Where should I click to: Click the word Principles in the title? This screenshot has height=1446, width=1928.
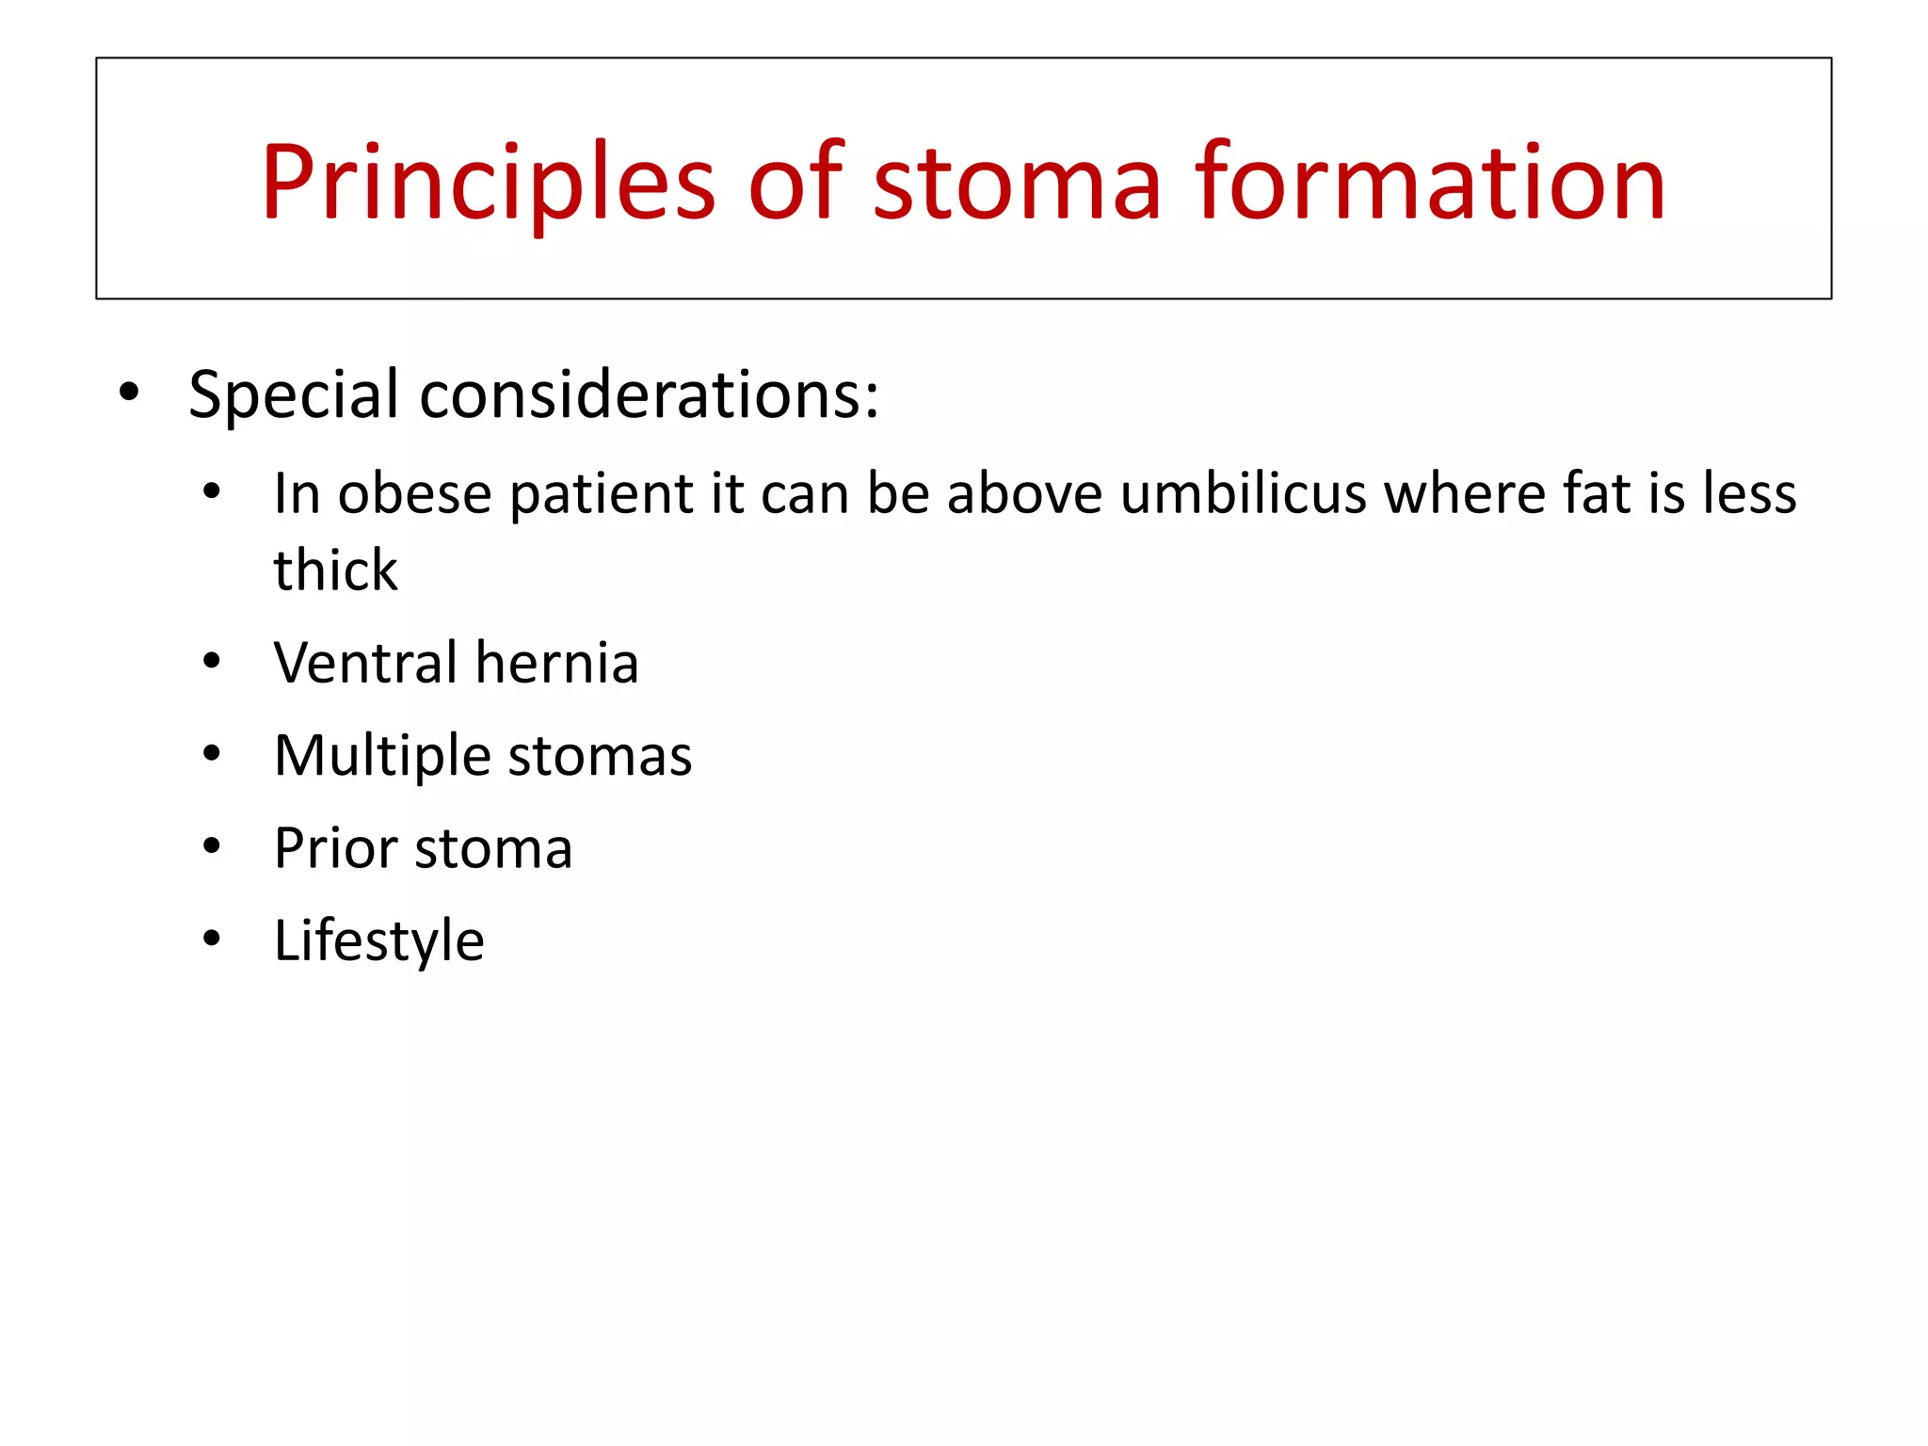click(x=488, y=184)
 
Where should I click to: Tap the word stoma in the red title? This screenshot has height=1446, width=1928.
click(x=1016, y=184)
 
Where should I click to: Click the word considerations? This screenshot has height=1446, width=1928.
click(x=650, y=394)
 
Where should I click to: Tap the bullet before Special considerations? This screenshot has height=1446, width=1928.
click(x=129, y=392)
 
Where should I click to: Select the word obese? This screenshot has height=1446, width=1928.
click(x=414, y=493)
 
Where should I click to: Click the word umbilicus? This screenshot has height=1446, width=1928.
click(x=1243, y=493)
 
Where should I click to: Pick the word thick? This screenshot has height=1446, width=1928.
click(x=335, y=570)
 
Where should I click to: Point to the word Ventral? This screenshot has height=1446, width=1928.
click(x=364, y=663)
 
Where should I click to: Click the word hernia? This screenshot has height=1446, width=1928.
click(x=557, y=663)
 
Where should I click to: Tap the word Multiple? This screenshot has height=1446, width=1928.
click(x=382, y=756)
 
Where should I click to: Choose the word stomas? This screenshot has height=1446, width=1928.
click(x=600, y=756)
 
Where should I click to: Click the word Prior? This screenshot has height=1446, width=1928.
click(x=335, y=848)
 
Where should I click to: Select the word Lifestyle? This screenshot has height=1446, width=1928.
click(x=378, y=940)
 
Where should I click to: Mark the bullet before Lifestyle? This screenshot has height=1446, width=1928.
click(x=212, y=939)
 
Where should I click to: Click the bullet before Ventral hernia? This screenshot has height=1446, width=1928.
click(x=212, y=662)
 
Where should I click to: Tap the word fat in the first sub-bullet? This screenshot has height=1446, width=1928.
click(x=1597, y=493)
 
